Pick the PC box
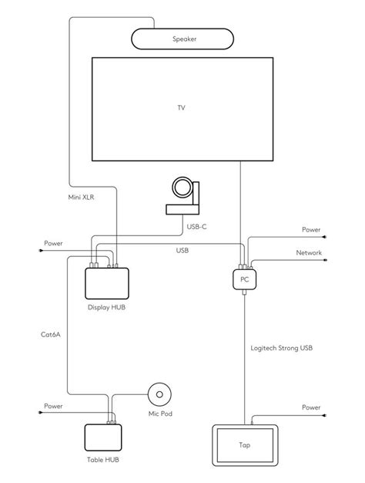click(x=243, y=280)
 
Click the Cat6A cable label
click(x=52, y=335)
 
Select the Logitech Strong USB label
click(x=281, y=348)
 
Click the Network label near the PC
click(x=310, y=252)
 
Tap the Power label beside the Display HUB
click(x=53, y=243)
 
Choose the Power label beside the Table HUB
click(x=53, y=406)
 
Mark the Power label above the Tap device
click(x=310, y=407)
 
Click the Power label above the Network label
click(x=310, y=229)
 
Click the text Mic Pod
click(x=160, y=414)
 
